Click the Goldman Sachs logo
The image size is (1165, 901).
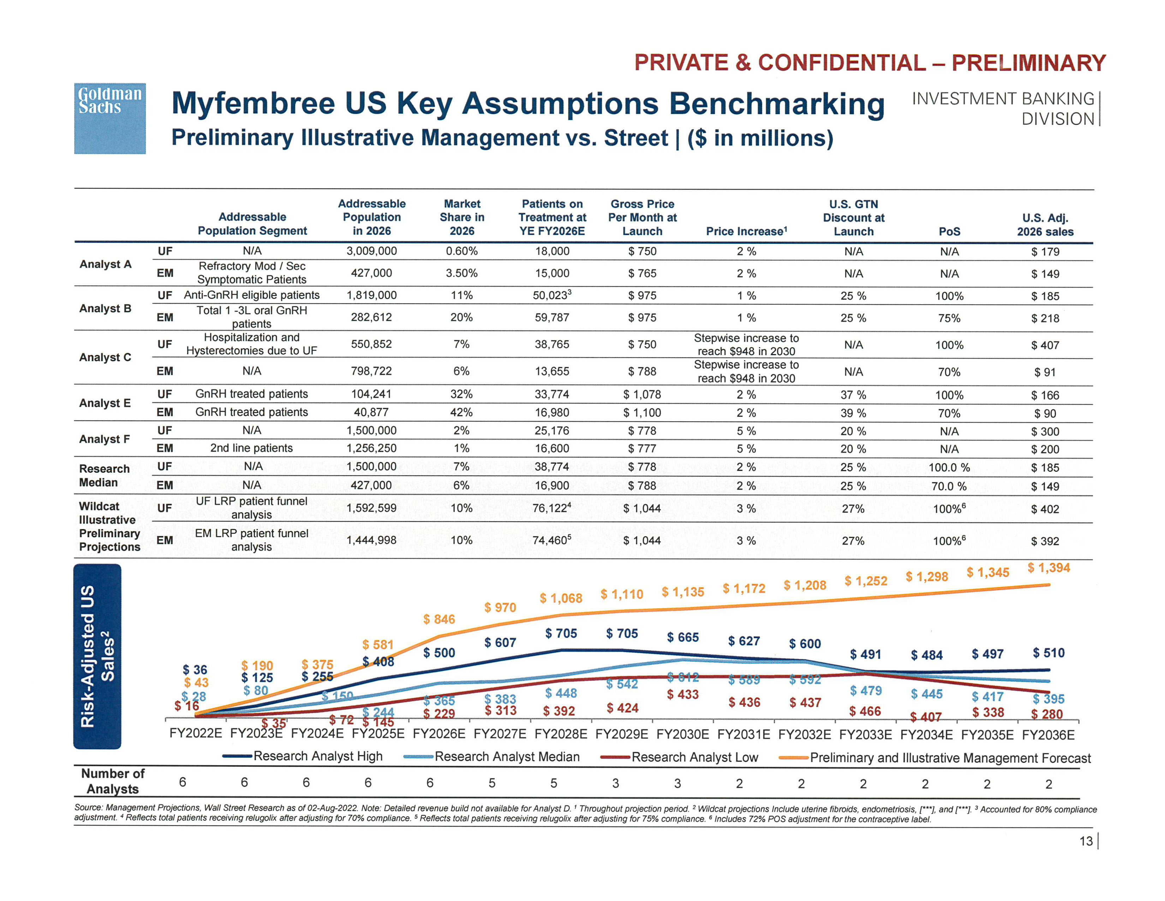(x=109, y=118)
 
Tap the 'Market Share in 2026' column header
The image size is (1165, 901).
(x=462, y=217)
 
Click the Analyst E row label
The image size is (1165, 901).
(x=105, y=403)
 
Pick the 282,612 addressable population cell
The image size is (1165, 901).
(x=371, y=317)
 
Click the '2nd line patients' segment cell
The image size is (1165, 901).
(x=251, y=448)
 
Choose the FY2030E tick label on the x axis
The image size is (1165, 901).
(x=683, y=735)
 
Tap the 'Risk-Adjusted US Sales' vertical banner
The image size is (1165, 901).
(x=97, y=656)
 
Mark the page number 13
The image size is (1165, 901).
(x=1086, y=841)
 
